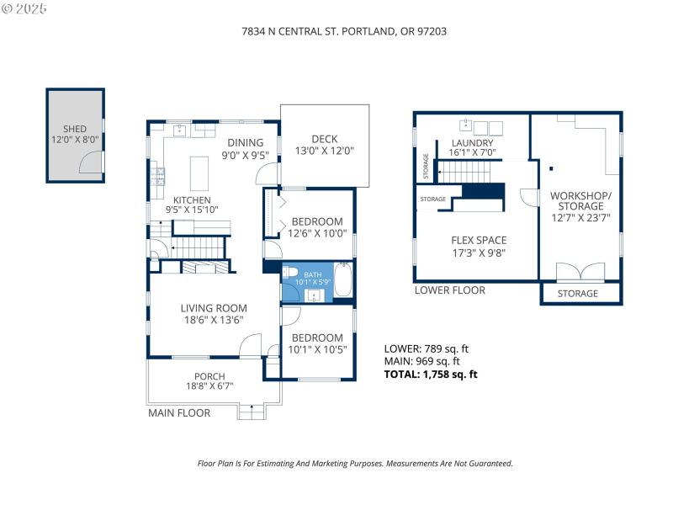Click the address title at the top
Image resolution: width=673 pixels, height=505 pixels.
point(336,31)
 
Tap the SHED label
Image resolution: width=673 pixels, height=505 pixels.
point(75,129)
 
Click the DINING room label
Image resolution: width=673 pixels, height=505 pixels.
point(242,142)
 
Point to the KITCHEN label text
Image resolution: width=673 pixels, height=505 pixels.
point(191,199)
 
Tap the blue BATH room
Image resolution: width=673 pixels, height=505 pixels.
point(312,279)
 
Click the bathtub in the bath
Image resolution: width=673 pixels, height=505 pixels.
point(343,280)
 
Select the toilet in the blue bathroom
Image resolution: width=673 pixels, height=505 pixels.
point(288,273)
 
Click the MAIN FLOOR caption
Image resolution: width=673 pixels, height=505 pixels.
point(179,413)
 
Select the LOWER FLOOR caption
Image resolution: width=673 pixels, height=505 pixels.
point(449,290)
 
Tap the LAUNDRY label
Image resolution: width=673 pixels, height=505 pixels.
point(472,143)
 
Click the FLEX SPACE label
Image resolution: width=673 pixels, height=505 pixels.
point(479,240)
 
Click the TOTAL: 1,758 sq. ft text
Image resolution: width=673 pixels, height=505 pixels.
point(431,375)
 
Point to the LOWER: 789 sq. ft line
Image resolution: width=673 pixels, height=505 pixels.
point(426,348)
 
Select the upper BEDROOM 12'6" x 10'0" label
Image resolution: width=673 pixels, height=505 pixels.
point(316,221)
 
